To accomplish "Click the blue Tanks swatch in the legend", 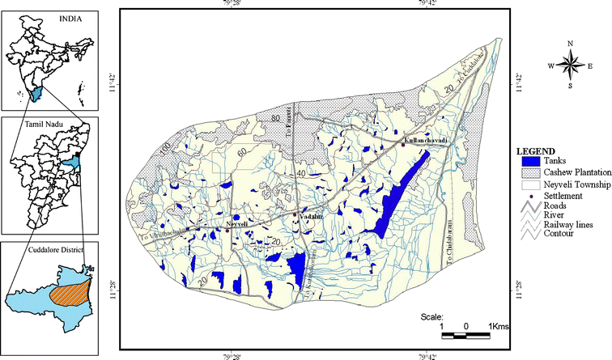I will click(527, 162).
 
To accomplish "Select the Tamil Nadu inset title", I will click(48, 124).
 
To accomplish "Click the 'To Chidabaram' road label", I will click(450, 241).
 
